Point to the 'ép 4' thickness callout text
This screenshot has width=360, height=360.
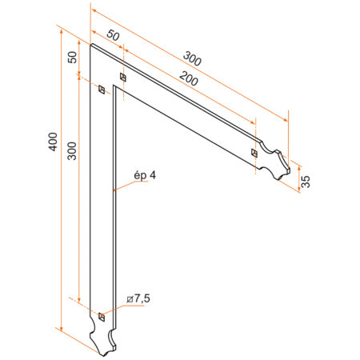tap(143, 175)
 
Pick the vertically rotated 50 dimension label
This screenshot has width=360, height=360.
tap(72, 58)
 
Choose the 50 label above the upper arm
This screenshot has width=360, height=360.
tap(113, 36)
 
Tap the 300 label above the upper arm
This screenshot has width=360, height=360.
tap(191, 58)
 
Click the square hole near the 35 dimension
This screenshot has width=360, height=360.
tap(254, 152)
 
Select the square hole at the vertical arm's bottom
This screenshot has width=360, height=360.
tap(101, 318)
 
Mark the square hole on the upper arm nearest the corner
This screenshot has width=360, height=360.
tap(122, 77)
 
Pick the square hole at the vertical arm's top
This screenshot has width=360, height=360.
tap(101, 90)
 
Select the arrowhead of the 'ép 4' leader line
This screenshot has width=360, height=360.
tap(115, 190)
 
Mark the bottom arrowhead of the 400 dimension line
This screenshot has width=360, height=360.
tap(61, 327)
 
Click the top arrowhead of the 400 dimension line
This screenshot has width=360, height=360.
tap(61, 28)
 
